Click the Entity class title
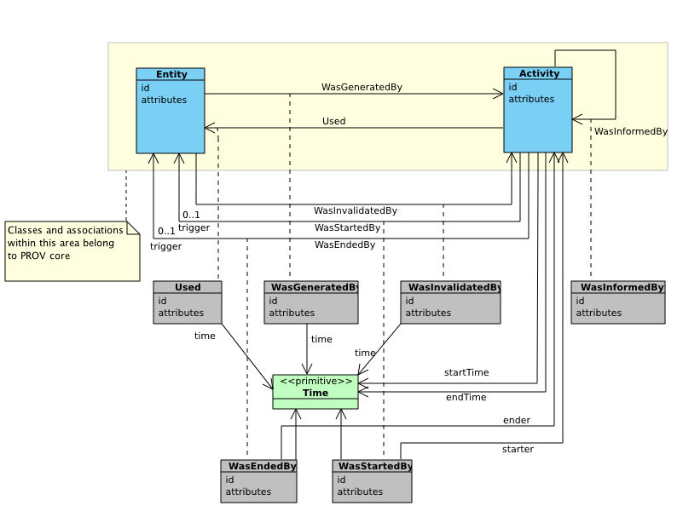(171, 74)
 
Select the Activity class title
(539, 73)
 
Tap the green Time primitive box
(315, 392)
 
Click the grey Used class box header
(188, 287)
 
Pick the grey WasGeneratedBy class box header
(311, 287)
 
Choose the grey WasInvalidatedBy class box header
(450, 287)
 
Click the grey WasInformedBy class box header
(618, 287)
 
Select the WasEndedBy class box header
(258, 466)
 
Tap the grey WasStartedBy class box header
(372, 466)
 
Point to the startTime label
(466, 372)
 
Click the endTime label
(466, 397)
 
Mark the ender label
(517, 420)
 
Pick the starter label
(518, 449)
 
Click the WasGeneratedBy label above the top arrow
(362, 87)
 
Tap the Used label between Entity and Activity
(333, 121)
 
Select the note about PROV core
(72, 251)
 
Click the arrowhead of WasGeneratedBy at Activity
(498, 94)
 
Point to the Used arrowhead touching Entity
(210, 128)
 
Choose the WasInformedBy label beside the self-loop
(631, 131)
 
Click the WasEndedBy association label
(345, 244)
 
